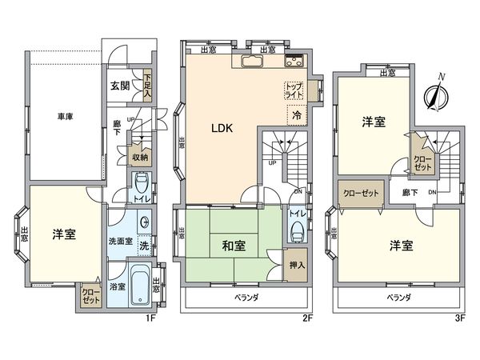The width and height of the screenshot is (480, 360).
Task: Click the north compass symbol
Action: pyautogui.click(x=436, y=95)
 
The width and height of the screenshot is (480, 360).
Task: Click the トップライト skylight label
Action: pyautogui.click(x=294, y=90)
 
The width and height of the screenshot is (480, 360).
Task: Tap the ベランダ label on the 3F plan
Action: pyautogui.click(x=399, y=297)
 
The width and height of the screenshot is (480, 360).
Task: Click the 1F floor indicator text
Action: pyautogui.click(x=148, y=318)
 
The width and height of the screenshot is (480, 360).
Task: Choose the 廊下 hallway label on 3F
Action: pyautogui.click(x=410, y=193)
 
